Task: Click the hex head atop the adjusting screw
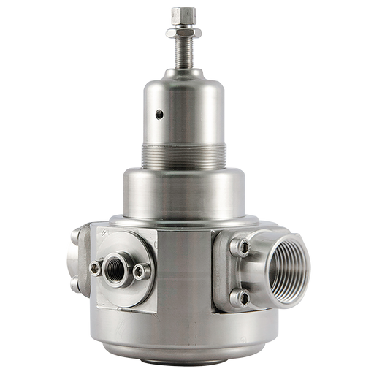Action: click(x=183, y=14)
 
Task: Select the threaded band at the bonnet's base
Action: click(x=183, y=152)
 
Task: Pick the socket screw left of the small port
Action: click(x=94, y=268)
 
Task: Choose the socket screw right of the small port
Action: click(x=139, y=273)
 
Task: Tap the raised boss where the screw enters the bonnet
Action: click(x=183, y=72)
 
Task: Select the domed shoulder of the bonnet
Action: click(x=183, y=89)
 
